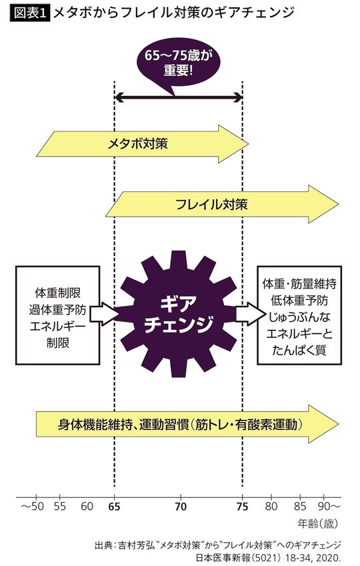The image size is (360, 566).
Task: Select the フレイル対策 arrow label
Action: [x=211, y=203]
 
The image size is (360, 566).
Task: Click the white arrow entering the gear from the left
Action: [x=105, y=312]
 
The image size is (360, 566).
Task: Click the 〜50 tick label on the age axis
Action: [x=32, y=506]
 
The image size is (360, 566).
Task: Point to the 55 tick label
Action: [x=60, y=506]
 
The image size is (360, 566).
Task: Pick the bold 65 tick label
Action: [x=114, y=506]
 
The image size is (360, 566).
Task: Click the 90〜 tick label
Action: [x=329, y=506]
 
